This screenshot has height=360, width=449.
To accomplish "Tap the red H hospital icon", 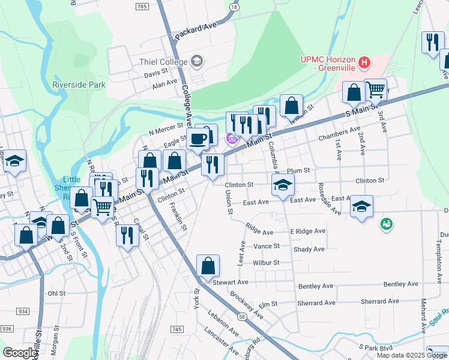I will [363, 62].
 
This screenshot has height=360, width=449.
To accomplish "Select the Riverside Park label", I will [79, 85].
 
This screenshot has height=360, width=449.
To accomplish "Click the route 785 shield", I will [142, 6].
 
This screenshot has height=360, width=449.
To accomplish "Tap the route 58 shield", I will [241, 316].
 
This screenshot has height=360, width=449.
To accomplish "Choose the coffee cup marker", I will [198, 140].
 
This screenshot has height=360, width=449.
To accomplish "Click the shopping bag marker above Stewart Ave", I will [208, 265].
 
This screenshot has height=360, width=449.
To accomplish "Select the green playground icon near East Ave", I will [386, 224].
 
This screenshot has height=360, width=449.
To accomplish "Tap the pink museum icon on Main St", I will [231, 139].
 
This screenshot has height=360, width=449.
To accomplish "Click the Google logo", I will [20, 352].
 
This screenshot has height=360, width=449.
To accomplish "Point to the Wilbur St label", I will [267, 262].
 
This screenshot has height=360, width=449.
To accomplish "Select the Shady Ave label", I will [310, 249].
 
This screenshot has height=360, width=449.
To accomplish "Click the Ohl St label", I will [56, 293].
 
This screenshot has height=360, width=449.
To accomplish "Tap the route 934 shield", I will [23, 311].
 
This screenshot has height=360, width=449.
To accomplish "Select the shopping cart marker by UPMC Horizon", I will [376, 89].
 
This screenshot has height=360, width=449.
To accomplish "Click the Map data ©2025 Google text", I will [412, 355].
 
